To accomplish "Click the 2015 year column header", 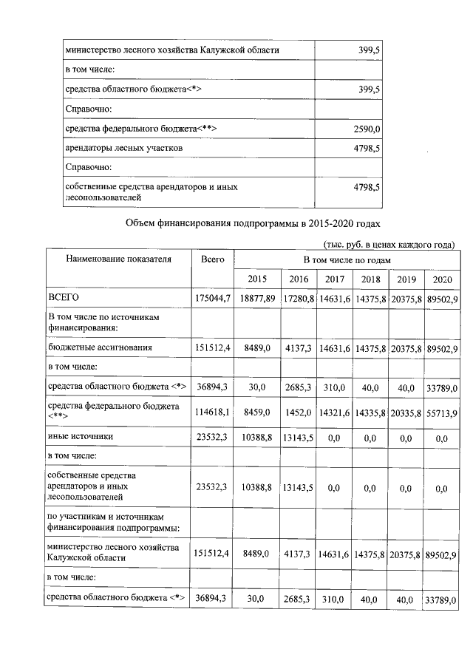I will tap(257, 279).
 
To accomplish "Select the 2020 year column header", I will tap(442, 279).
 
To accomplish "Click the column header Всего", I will tap(212, 259).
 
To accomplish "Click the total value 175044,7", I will tap(213, 297).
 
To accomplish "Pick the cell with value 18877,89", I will tap(257, 297).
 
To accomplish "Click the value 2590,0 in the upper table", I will tap(367, 129).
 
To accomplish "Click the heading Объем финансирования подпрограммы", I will tap(253, 223).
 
